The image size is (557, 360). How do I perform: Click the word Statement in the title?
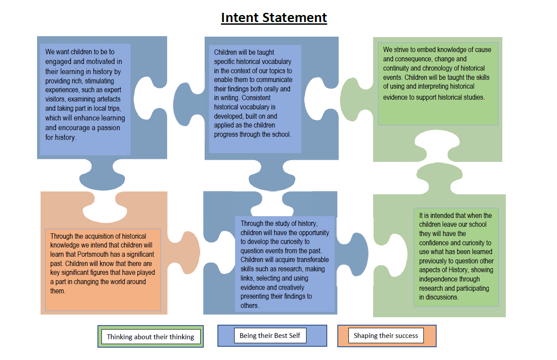[295, 18]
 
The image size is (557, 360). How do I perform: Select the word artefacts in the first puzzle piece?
[106, 99]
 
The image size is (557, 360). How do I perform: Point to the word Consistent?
[256, 98]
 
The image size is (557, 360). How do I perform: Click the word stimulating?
[99, 81]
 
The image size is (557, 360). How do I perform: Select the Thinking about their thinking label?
[150, 337]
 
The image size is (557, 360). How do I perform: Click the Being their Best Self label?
[270, 335]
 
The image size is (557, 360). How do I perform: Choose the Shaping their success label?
[386, 335]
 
